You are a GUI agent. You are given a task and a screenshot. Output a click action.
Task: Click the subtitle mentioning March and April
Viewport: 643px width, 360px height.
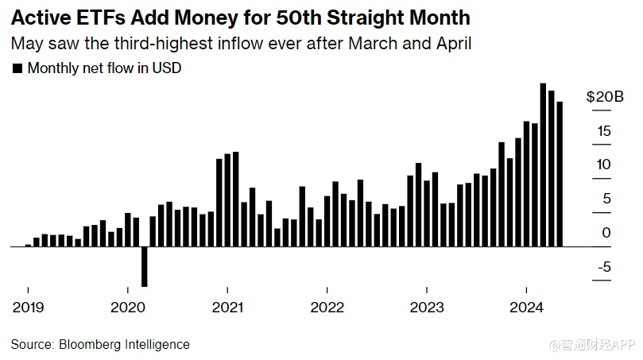pyautogui.click(x=241, y=43)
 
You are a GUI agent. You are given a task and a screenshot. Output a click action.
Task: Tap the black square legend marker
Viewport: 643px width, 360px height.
pyautogui.click(x=17, y=68)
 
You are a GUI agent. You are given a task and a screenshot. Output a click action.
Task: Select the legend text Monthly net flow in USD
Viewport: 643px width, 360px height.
pyautogui.click(x=104, y=68)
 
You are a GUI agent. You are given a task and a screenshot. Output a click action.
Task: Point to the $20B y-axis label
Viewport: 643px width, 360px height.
pyautogui.click(x=605, y=97)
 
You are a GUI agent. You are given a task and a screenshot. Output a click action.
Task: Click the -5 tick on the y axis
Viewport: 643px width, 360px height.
pyautogui.click(x=603, y=267)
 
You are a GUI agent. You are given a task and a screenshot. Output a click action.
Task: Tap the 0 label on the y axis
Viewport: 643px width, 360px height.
pyautogui.click(x=606, y=232)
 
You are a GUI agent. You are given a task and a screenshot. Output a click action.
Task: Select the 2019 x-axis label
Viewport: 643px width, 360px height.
pyautogui.click(x=28, y=308)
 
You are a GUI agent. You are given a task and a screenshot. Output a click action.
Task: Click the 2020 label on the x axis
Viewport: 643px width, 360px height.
pyautogui.click(x=127, y=308)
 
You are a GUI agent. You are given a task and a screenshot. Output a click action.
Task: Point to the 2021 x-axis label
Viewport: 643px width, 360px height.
pyautogui.click(x=227, y=308)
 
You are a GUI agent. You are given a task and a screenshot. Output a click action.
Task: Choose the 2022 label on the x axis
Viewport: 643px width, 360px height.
pyautogui.click(x=327, y=308)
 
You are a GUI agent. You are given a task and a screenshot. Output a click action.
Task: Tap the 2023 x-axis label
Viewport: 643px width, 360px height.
pyautogui.click(x=427, y=308)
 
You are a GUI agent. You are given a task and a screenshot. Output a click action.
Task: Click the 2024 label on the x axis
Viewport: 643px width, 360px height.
pyautogui.click(x=526, y=308)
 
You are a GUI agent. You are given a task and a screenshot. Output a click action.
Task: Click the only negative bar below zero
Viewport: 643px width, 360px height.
pyautogui.click(x=145, y=266)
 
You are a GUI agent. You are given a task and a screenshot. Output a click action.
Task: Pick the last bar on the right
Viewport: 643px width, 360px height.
pyautogui.click(x=560, y=173)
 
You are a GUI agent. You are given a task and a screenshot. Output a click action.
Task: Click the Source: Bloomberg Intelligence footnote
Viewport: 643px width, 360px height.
pyautogui.click(x=100, y=344)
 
